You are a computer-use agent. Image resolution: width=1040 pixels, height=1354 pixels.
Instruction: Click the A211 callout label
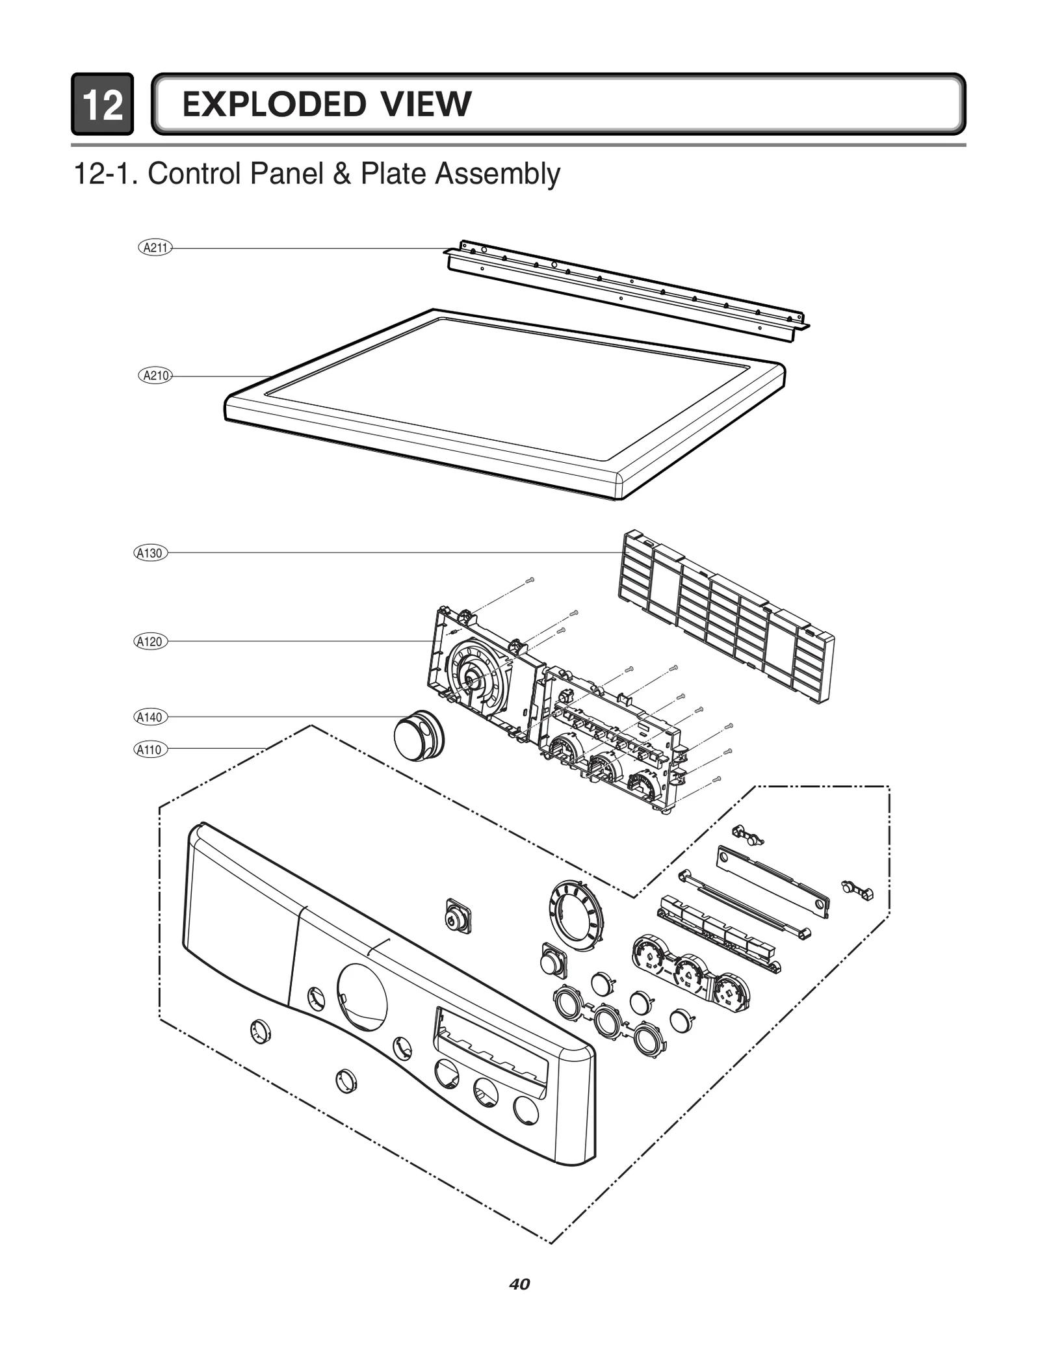(155, 247)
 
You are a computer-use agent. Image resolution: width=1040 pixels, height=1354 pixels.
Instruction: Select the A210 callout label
(155, 375)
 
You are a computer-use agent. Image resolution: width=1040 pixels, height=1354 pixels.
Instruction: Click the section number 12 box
(103, 105)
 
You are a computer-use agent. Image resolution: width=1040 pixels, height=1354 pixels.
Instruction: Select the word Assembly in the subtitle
(497, 174)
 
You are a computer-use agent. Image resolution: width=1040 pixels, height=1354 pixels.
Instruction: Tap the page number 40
(519, 1284)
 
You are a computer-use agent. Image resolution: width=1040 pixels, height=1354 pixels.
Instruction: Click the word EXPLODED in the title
(274, 105)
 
